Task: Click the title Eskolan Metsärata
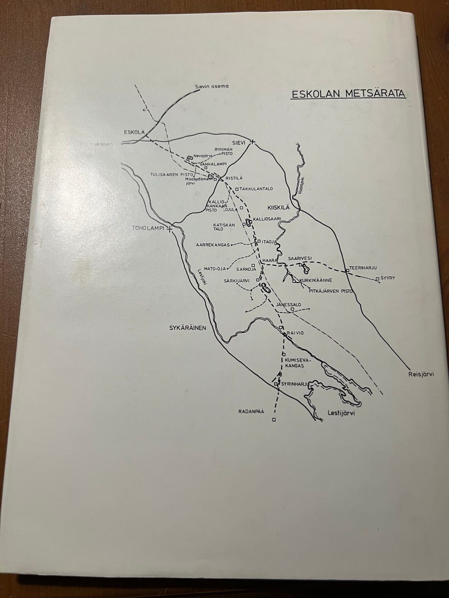click(x=348, y=93)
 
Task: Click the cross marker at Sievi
click(x=253, y=142)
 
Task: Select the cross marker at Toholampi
click(x=171, y=229)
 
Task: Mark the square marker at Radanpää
click(x=274, y=420)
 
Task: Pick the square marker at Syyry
click(x=377, y=279)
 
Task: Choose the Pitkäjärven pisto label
click(x=330, y=291)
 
